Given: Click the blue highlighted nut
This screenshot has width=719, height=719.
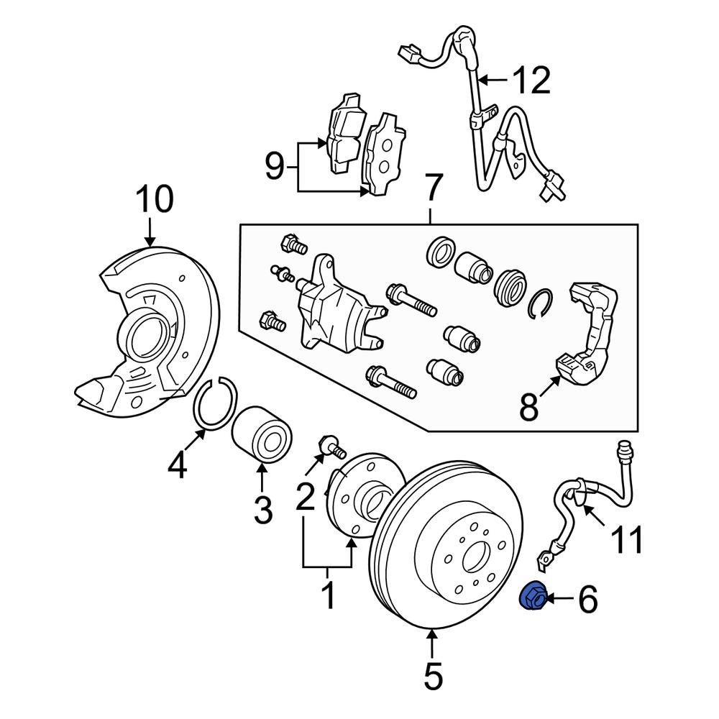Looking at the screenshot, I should point(532,597).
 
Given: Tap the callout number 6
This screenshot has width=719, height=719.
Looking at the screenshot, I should point(587,599).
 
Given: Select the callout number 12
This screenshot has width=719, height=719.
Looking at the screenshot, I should point(531,80).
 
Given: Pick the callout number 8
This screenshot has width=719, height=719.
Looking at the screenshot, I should point(528,408).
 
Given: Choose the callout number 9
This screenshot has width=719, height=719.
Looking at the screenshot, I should point(275,167).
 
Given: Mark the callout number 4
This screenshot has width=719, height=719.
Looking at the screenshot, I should point(177,464).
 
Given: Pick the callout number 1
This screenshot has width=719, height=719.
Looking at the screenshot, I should point(328,596).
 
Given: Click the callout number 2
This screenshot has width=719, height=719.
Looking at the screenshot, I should point(306,495).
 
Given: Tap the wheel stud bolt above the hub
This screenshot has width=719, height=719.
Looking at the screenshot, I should point(331,446).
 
